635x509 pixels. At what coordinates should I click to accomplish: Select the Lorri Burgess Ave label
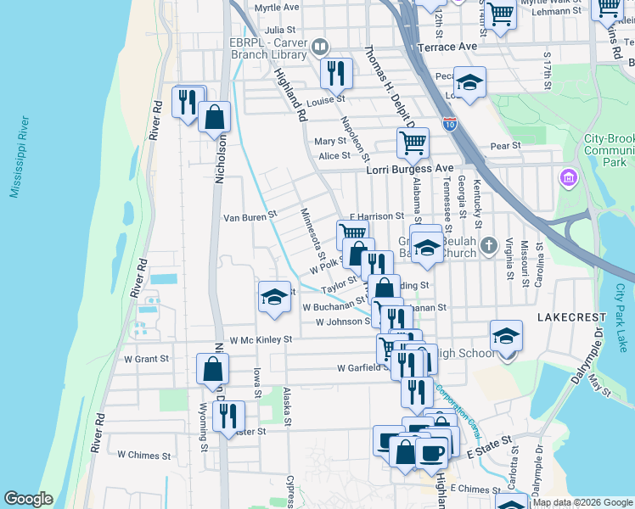(x=409, y=169)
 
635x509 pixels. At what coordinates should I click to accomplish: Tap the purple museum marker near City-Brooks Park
(x=567, y=178)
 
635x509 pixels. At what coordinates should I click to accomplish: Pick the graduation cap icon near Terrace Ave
(x=469, y=82)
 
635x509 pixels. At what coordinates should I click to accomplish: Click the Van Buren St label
(x=250, y=216)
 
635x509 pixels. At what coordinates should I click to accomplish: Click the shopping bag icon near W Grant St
(x=212, y=368)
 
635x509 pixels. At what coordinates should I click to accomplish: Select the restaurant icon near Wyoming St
(x=228, y=416)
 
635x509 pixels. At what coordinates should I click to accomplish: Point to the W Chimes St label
(x=143, y=455)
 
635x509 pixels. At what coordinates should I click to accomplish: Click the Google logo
(x=28, y=499)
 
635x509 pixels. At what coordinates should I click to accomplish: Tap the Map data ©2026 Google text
(x=582, y=502)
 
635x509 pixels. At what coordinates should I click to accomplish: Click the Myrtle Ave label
(x=277, y=7)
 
